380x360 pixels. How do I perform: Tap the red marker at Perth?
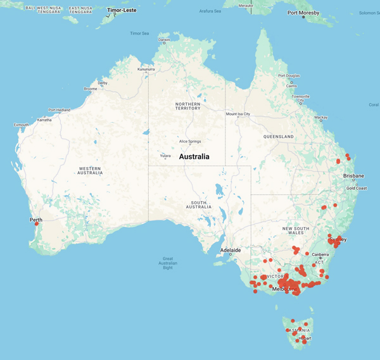(37, 224)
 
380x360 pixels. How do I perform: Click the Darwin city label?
(164, 40)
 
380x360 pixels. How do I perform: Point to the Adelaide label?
(229, 251)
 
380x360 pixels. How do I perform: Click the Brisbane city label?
(353, 175)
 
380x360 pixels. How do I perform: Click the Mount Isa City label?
(237, 115)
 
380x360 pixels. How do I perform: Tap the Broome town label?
(90, 89)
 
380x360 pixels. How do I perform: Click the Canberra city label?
(319, 254)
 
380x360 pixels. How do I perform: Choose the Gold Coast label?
(356, 188)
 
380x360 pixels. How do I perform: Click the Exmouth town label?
(21, 125)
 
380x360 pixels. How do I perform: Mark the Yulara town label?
(166, 155)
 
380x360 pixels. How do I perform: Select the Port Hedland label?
(60, 109)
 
